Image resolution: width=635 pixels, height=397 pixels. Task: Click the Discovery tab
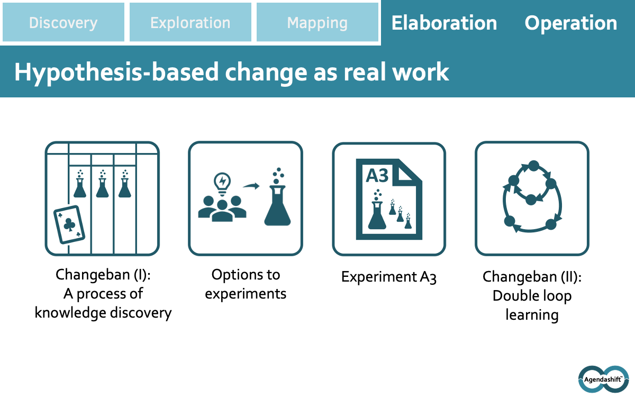(63, 22)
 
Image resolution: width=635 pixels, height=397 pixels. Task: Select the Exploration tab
(190, 22)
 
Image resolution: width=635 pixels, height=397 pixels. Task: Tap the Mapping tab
(317, 22)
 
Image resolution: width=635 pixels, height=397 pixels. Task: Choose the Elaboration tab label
(444, 23)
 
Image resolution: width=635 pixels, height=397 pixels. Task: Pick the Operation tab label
(570, 23)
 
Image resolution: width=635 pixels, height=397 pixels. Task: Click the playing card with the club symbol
(69, 224)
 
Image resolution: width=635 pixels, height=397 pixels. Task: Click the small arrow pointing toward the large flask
(251, 186)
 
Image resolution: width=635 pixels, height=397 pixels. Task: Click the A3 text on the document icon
(377, 176)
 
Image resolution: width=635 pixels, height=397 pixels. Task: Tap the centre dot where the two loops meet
(531, 200)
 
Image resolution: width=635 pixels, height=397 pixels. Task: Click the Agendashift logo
(604, 379)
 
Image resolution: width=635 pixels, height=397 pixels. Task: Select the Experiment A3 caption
(388, 277)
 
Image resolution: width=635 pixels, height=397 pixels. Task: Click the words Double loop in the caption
(532, 296)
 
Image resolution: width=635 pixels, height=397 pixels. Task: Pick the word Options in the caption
(233, 275)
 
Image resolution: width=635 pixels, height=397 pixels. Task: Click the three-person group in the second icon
(222, 209)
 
